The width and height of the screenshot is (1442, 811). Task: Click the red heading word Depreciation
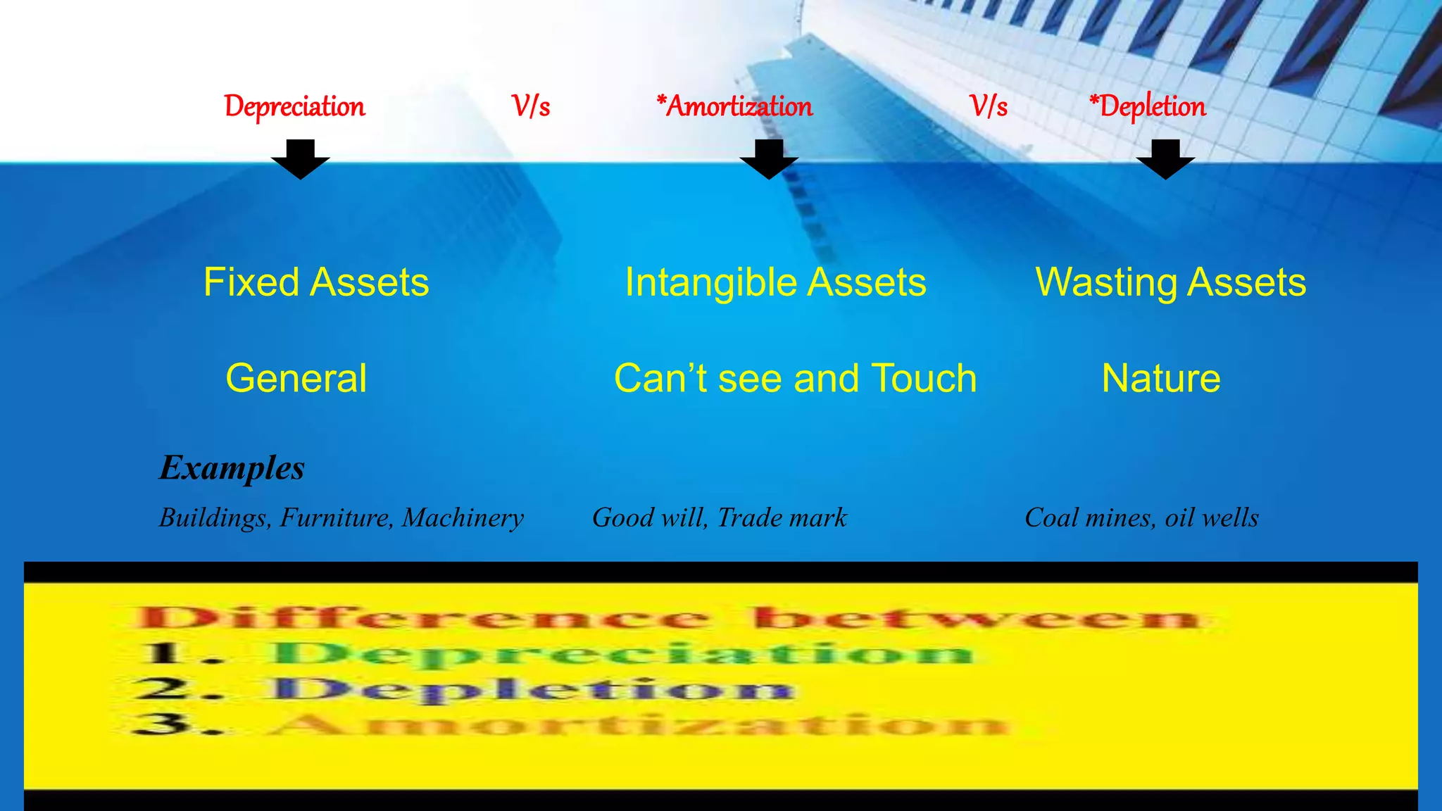(294, 107)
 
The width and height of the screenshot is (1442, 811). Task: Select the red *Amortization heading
(734, 107)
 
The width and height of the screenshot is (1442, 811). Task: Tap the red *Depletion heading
(1148, 107)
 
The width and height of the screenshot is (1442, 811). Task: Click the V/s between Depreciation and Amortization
(531, 107)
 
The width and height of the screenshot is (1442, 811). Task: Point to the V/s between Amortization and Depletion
(989, 107)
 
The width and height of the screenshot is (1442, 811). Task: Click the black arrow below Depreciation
(301, 160)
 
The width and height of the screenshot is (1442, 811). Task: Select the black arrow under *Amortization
(769, 160)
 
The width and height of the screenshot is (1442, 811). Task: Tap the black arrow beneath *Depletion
(1165, 160)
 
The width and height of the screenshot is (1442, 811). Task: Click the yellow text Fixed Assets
(316, 282)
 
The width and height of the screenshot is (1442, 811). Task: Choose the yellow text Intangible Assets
(775, 282)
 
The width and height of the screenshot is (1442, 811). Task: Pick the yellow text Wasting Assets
(1170, 282)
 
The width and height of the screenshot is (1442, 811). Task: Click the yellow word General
(296, 378)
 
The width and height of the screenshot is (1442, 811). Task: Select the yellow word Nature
(1160, 378)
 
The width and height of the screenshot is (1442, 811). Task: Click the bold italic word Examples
(232, 468)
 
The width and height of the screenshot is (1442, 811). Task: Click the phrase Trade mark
(782, 517)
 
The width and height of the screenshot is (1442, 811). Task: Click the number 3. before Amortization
(176, 723)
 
